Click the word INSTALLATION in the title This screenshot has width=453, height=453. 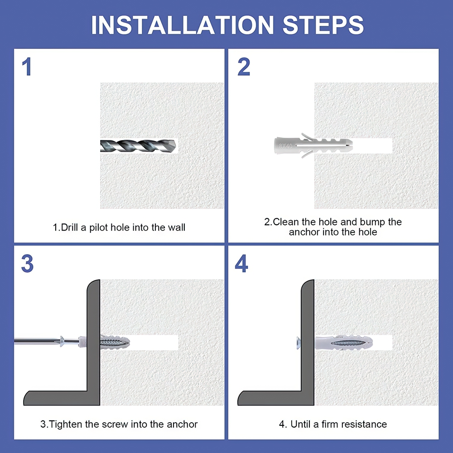click(182, 25)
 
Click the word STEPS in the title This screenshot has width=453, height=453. click(323, 25)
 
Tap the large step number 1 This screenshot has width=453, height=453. click(27, 67)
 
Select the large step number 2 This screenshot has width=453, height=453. click(244, 67)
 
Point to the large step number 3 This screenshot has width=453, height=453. click(27, 264)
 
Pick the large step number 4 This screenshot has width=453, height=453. click(241, 264)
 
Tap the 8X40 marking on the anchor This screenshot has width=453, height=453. click(285, 146)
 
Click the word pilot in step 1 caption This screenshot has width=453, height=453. click(98, 228)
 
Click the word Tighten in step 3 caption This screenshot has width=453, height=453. click(66, 424)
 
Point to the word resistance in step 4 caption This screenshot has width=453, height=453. click(363, 424)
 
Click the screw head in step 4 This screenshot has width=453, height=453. click(299, 343)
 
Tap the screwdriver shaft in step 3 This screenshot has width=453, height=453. click(38, 342)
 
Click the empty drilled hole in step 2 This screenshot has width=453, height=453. click(372, 145)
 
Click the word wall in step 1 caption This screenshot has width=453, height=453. click(177, 228)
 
